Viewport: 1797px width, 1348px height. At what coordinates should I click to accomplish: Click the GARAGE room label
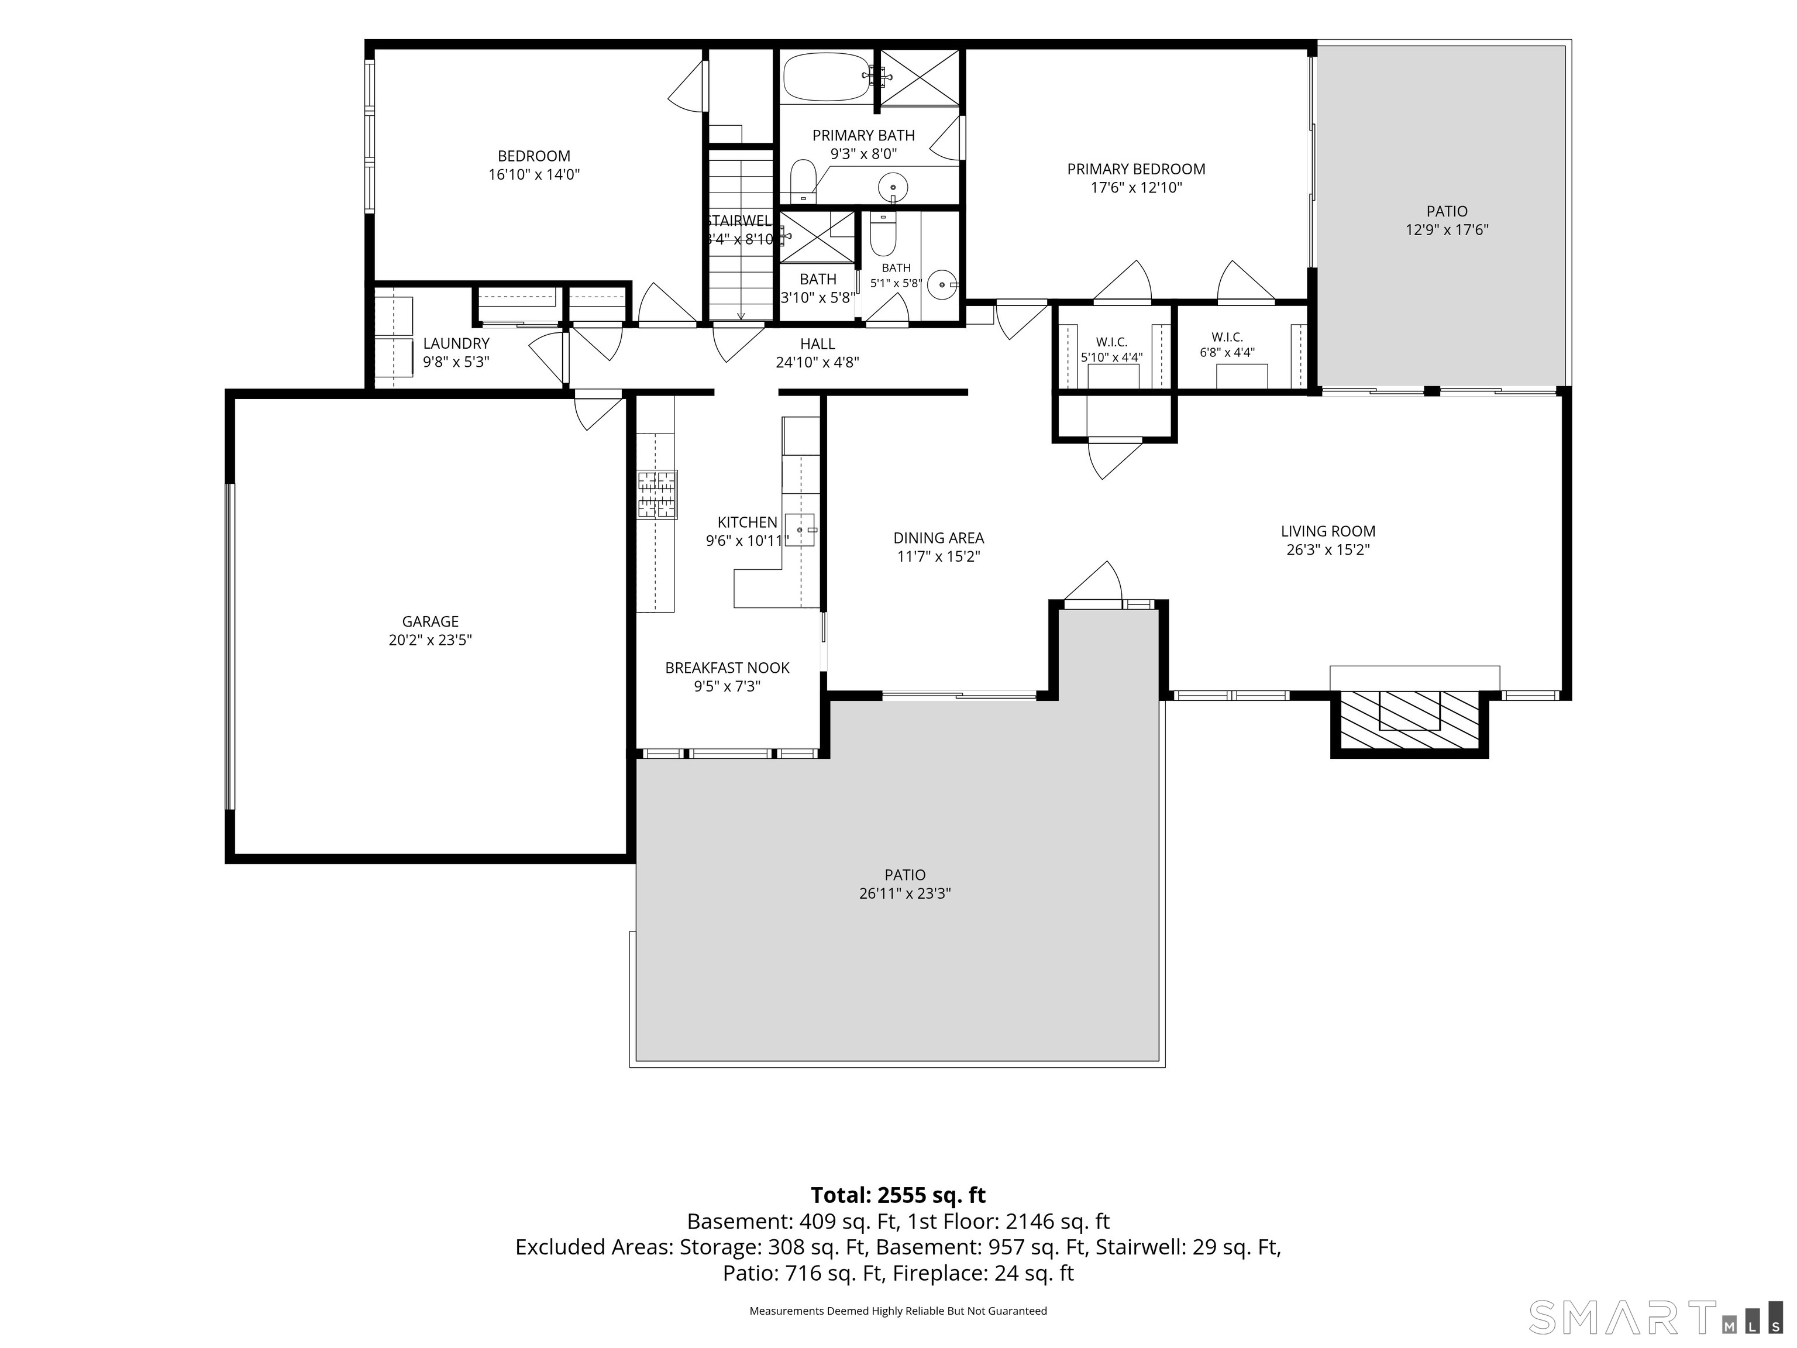point(430,621)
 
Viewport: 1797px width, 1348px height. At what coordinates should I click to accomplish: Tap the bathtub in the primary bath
point(828,77)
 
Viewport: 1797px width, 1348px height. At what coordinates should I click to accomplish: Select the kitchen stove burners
point(656,495)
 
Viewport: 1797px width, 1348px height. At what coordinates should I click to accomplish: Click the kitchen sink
point(800,529)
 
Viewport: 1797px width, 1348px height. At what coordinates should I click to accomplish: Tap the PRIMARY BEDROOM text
point(1136,169)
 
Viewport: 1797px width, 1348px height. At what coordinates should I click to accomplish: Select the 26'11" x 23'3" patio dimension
point(905,893)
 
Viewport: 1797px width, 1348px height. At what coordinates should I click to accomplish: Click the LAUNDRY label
point(456,343)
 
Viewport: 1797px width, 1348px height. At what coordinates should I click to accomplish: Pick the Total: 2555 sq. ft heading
point(898,1195)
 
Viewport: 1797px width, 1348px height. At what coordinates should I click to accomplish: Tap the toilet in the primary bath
point(803,180)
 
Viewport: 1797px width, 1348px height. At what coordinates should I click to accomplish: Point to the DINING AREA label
point(938,538)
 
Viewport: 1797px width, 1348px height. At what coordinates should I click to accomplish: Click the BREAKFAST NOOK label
point(727,668)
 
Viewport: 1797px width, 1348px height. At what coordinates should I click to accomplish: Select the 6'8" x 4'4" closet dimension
point(1227,353)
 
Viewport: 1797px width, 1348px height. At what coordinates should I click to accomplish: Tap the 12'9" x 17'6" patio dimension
point(1447,230)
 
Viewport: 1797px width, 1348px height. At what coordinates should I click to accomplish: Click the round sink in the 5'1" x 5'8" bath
point(942,284)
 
